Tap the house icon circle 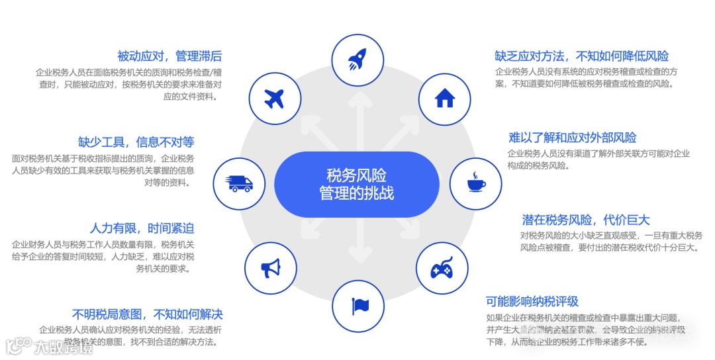click(445, 99)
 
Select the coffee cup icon click(476, 182)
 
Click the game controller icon click(442, 269)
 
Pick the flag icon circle click(358, 305)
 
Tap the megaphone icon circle click(271, 269)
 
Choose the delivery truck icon click(240, 183)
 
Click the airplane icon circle click(273, 99)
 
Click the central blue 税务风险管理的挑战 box click(357, 184)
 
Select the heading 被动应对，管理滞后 click(169, 56)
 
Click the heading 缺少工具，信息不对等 click(136, 142)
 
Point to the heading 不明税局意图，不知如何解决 click(147, 314)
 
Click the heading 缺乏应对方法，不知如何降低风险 click(581, 56)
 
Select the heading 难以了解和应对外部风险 click(572, 138)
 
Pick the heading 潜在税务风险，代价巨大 click(586, 220)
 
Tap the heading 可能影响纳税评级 click(532, 302)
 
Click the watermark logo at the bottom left click(49, 347)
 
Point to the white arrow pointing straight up click(358, 112)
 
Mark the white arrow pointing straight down click(358, 251)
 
